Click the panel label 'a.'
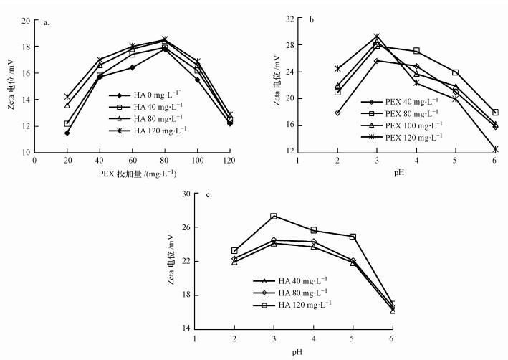[x=47, y=22]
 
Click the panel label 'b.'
[x=313, y=22]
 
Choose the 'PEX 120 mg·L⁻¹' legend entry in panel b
[x=413, y=136]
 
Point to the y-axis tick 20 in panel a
[x=27, y=21]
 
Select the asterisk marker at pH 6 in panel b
[x=495, y=149]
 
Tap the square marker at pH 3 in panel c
[x=274, y=216]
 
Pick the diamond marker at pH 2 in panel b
[x=337, y=113]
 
